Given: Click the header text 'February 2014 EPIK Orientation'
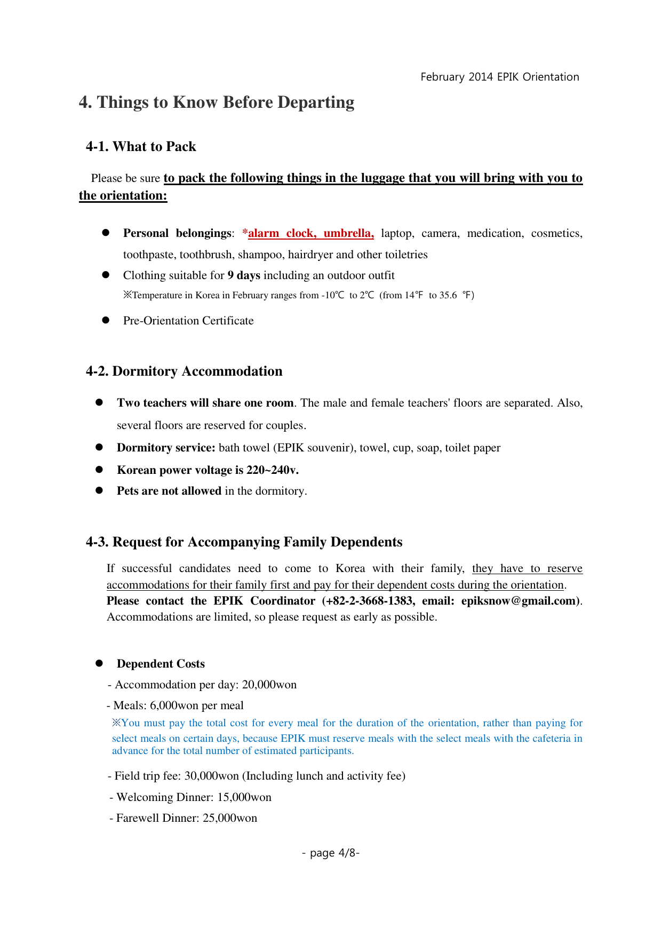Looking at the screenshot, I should coord(499,77).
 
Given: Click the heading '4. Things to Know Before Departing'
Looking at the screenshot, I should coord(217,102).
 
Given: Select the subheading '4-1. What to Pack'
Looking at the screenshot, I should coord(141,147).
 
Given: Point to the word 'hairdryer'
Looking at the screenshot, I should coord(310,255).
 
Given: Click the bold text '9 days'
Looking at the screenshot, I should coord(244,275).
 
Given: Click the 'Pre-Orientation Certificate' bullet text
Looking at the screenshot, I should coord(188,321).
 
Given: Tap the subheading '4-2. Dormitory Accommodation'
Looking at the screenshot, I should coord(184,371).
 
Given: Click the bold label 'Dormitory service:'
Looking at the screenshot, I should coord(166,448).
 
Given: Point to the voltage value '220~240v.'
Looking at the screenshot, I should coord(272,470).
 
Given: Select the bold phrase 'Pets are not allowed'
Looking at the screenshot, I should coord(169,491).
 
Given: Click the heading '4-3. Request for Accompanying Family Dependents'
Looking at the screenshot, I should coord(244,542).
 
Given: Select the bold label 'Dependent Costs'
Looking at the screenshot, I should coord(161,664).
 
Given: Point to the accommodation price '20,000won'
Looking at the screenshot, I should coord(269,685).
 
